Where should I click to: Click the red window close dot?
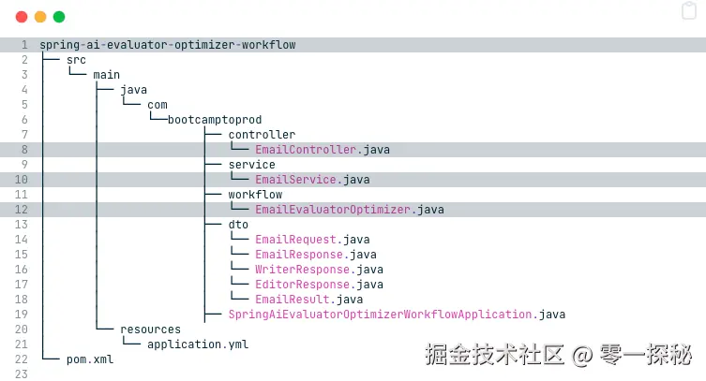(22, 17)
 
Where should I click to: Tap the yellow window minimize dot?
(40, 17)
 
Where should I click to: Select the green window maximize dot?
(59, 17)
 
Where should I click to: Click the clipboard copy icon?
(688, 11)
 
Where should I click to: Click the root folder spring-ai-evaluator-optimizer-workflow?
(168, 45)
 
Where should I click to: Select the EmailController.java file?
(323, 150)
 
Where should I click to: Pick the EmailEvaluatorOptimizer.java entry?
(349, 210)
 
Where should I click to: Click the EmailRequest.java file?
(312, 240)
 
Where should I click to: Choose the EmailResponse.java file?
(316, 255)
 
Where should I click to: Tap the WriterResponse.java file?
(319, 270)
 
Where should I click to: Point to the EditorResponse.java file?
(319, 285)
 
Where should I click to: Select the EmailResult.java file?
(308, 300)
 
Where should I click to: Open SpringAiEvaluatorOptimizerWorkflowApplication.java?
(397, 315)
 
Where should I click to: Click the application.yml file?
(198, 344)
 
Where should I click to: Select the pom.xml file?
(90, 359)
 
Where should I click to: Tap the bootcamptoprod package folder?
(215, 120)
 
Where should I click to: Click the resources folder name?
(150, 330)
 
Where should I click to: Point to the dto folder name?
(238, 225)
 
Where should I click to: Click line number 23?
(21, 374)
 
